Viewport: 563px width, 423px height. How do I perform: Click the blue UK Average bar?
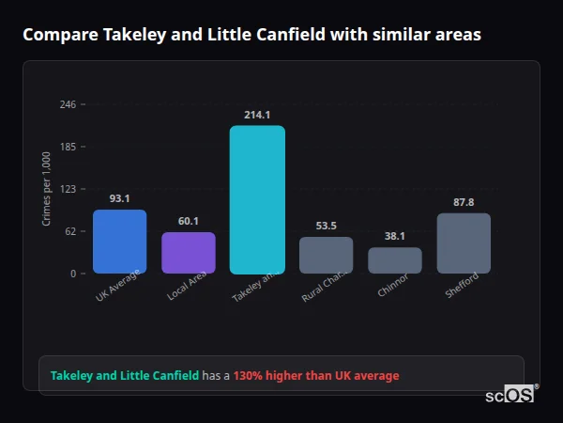click(x=119, y=242)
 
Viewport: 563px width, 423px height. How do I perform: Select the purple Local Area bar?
click(x=189, y=253)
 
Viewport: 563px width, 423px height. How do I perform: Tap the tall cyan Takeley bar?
click(x=257, y=199)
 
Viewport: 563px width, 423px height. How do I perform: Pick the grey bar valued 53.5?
click(x=327, y=255)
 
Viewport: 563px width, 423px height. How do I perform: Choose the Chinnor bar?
click(x=395, y=260)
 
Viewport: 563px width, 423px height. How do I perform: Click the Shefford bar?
click(x=464, y=243)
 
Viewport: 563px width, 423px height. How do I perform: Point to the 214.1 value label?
click(x=257, y=115)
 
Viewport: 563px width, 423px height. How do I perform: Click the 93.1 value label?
click(x=119, y=198)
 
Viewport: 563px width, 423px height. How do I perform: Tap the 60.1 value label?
click(x=189, y=221)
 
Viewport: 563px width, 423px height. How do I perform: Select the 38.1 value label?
click(x=395, y=236)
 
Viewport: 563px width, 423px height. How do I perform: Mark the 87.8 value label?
click(x=464, y=202)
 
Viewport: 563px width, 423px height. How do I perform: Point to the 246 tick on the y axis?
click(x=68, y=104)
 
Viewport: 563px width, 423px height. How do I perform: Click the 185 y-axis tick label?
click(x=68, y=147)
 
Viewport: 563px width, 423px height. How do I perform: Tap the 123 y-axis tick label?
click(x=68, y=189)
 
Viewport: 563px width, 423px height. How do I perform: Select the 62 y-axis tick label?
click(x=70, y=231)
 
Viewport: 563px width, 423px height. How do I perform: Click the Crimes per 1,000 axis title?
click(x=46, y=188)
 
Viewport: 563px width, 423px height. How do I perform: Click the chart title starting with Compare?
click(x=251, y=35)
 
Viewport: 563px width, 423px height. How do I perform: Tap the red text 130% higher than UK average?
click(x=316, y=376)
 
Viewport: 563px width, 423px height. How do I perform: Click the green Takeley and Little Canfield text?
click(x=125, y=376)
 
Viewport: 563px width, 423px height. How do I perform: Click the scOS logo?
click(x=510, y=396)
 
